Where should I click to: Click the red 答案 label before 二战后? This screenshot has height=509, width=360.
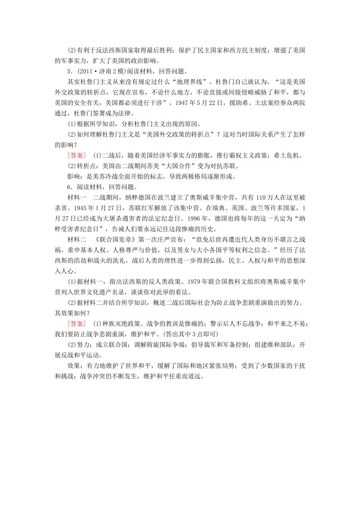[x=77, y=155]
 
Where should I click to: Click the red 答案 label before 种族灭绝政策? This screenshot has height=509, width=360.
[x=77, y=323]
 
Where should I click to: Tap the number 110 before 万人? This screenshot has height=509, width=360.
[x=261, y=197]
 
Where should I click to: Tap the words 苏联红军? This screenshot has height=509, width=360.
[x=141, y=208]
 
